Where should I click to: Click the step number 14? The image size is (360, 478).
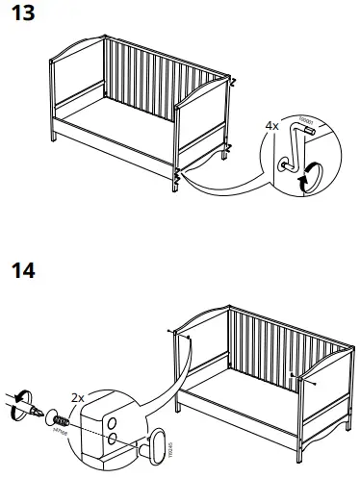click(x=24, y=271)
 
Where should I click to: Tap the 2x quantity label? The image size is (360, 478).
click(x=78, y=396)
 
